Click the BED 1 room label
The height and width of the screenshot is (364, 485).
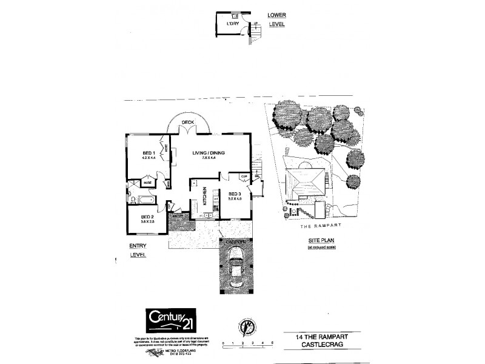point(149,152)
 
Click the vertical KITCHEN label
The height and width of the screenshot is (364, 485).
point(205,198)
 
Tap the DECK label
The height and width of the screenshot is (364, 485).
point(187,123)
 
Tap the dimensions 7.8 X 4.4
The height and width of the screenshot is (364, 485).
point(209,158)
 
